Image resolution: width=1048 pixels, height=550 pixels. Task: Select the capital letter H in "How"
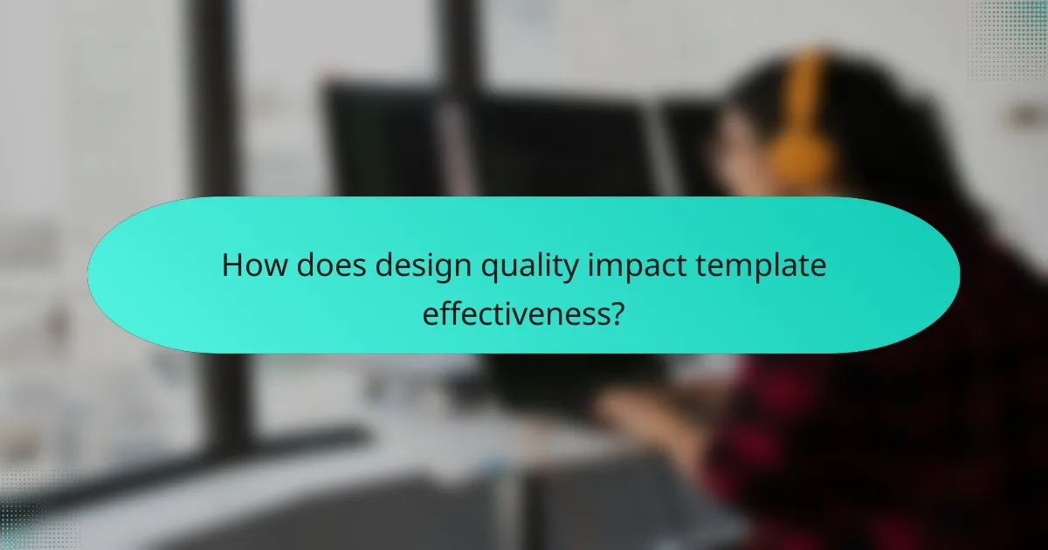tap(231, 265)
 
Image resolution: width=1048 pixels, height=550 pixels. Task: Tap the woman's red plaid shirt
tap(873, 437)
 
